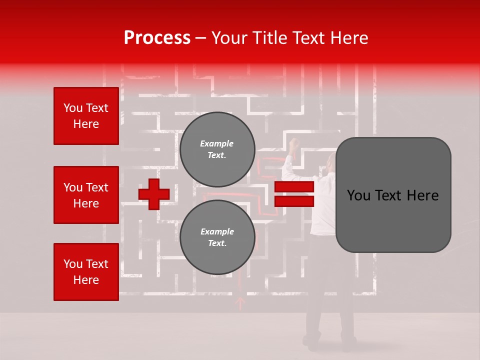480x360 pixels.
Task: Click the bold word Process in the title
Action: click(157, 38)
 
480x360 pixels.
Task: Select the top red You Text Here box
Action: click(86, 116)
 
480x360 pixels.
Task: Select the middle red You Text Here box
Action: click(86, 195)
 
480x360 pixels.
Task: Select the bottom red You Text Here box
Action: click(86, 272)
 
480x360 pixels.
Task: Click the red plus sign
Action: click(154, 194)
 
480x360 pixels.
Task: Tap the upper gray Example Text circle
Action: click(217, 149)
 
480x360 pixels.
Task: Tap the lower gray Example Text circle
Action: click(217, 237)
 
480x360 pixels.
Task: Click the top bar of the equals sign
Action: click(294, 187)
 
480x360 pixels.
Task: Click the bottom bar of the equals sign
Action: click(294, 201)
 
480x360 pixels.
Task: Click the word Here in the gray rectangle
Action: click(422, 195)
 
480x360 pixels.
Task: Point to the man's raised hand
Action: click(293, 143)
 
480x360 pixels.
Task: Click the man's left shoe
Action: click(312, 342)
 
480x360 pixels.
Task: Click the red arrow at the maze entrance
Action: click(240, 302)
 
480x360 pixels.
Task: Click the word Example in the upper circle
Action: click(217, 143)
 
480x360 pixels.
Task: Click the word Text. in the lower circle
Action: click(217, 243)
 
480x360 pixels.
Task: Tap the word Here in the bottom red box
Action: click(86, 280)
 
